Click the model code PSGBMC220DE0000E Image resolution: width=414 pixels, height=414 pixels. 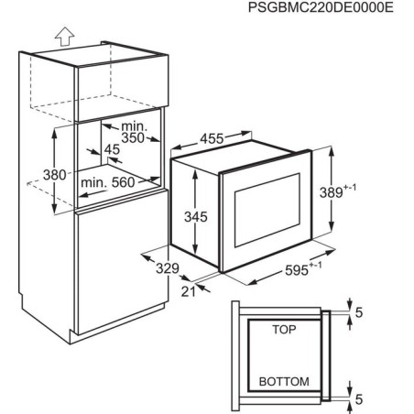point(321,7)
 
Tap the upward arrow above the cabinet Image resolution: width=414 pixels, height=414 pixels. point(65,36)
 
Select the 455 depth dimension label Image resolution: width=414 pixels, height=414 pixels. point(212,138)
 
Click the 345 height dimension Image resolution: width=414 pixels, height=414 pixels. point(196,217)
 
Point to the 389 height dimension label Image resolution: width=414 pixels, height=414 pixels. point(337,191)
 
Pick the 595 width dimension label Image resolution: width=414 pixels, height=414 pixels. point(303,268)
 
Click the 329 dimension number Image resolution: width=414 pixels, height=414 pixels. point(168,268)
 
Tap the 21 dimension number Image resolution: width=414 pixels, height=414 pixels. point(188,291)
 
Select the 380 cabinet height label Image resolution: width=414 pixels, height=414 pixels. point(55,175)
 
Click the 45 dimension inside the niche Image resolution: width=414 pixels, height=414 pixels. point(112,149)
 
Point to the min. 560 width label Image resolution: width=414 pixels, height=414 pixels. point(107,182)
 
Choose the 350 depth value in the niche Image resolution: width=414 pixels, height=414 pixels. point(133,138)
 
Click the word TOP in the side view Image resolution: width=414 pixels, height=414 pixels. point(284,330)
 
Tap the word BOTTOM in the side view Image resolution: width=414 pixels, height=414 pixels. point(284,382)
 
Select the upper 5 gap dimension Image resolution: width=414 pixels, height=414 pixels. point(359,312)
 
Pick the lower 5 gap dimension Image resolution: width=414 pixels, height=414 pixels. point(359,399)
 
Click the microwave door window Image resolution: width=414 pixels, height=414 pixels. point(267,210)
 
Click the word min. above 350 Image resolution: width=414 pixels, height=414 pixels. point(134,126)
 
